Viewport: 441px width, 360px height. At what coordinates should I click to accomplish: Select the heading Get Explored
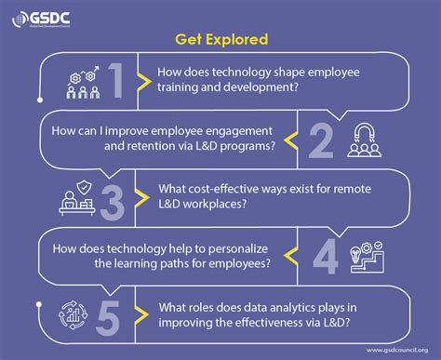point(220,40)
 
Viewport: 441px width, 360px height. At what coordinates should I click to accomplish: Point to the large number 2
point(320,140)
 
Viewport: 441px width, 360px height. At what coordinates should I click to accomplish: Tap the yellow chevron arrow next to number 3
point(140,198)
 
